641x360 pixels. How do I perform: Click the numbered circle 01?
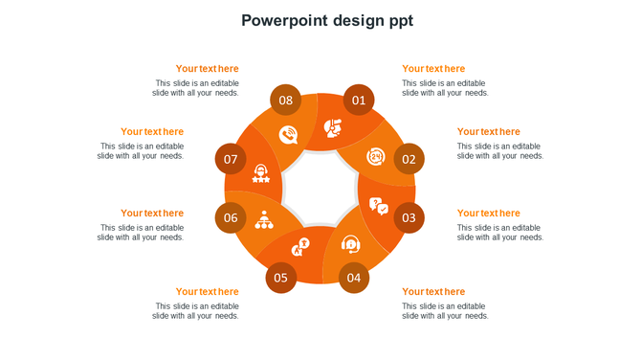359,100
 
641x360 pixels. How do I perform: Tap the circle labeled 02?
409,159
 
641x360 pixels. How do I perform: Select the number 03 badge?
409,217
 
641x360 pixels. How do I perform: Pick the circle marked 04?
354,278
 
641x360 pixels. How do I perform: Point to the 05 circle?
280,278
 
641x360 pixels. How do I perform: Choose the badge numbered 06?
231,217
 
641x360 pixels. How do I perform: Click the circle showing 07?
231,159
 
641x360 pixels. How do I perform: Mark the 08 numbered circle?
286,100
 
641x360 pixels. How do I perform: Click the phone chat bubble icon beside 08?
288,135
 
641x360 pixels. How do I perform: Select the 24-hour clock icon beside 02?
376,157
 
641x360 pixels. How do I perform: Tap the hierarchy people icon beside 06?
264,220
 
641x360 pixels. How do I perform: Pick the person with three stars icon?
261,173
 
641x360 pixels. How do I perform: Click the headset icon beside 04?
351,244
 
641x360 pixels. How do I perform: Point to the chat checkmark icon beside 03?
379,206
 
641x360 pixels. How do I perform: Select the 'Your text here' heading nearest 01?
433,69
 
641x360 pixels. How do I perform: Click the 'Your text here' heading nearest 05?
208,292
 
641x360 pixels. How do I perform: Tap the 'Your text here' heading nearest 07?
152,132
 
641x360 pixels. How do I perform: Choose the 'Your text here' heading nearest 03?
489,214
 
